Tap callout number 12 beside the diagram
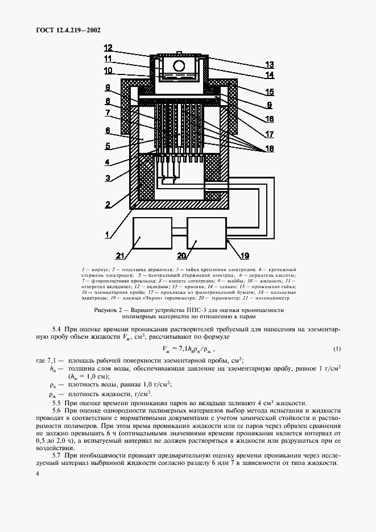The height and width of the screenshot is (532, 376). pos(108,48)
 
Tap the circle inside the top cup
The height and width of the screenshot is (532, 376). pos(178,66)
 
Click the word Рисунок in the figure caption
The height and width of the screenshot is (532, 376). pos(106,310)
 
